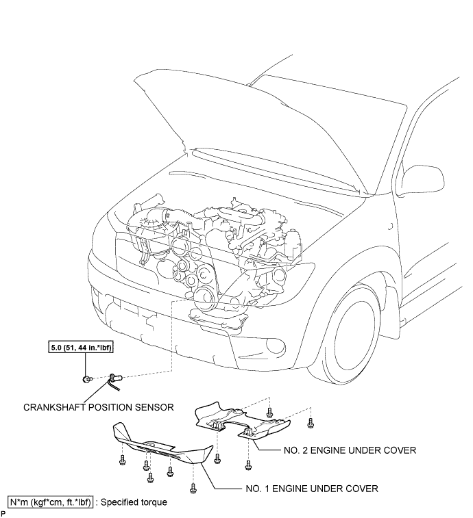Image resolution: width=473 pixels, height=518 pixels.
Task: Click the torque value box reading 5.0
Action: coord(81,348)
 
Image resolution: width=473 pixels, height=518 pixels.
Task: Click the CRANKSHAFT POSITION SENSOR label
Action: coord(99,407)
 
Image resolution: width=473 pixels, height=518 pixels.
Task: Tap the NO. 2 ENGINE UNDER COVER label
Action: coord(350,450)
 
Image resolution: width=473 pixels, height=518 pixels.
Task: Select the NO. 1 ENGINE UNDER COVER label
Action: coord(312,489)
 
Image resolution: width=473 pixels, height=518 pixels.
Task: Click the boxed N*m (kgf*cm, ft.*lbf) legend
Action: coord(50,502)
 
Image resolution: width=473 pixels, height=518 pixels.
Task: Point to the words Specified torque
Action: coord(134,502)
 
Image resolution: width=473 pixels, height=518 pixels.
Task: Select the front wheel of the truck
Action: coord(351,334)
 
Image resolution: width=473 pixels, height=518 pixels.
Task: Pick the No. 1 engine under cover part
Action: coord(162,444)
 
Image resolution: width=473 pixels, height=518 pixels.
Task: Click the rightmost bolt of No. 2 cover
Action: coord(311,422)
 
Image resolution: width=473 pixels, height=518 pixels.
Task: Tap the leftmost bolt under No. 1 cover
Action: coord(122,460)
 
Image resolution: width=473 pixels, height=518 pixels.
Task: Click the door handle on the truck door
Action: coord(391,227)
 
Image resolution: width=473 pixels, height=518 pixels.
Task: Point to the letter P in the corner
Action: coord(3,515)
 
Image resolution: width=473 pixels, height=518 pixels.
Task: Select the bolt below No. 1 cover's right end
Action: coord(193,488)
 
